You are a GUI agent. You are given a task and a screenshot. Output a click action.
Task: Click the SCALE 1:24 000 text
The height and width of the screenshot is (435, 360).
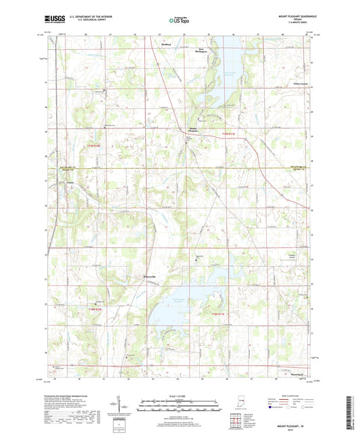click(x=180, y=396)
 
